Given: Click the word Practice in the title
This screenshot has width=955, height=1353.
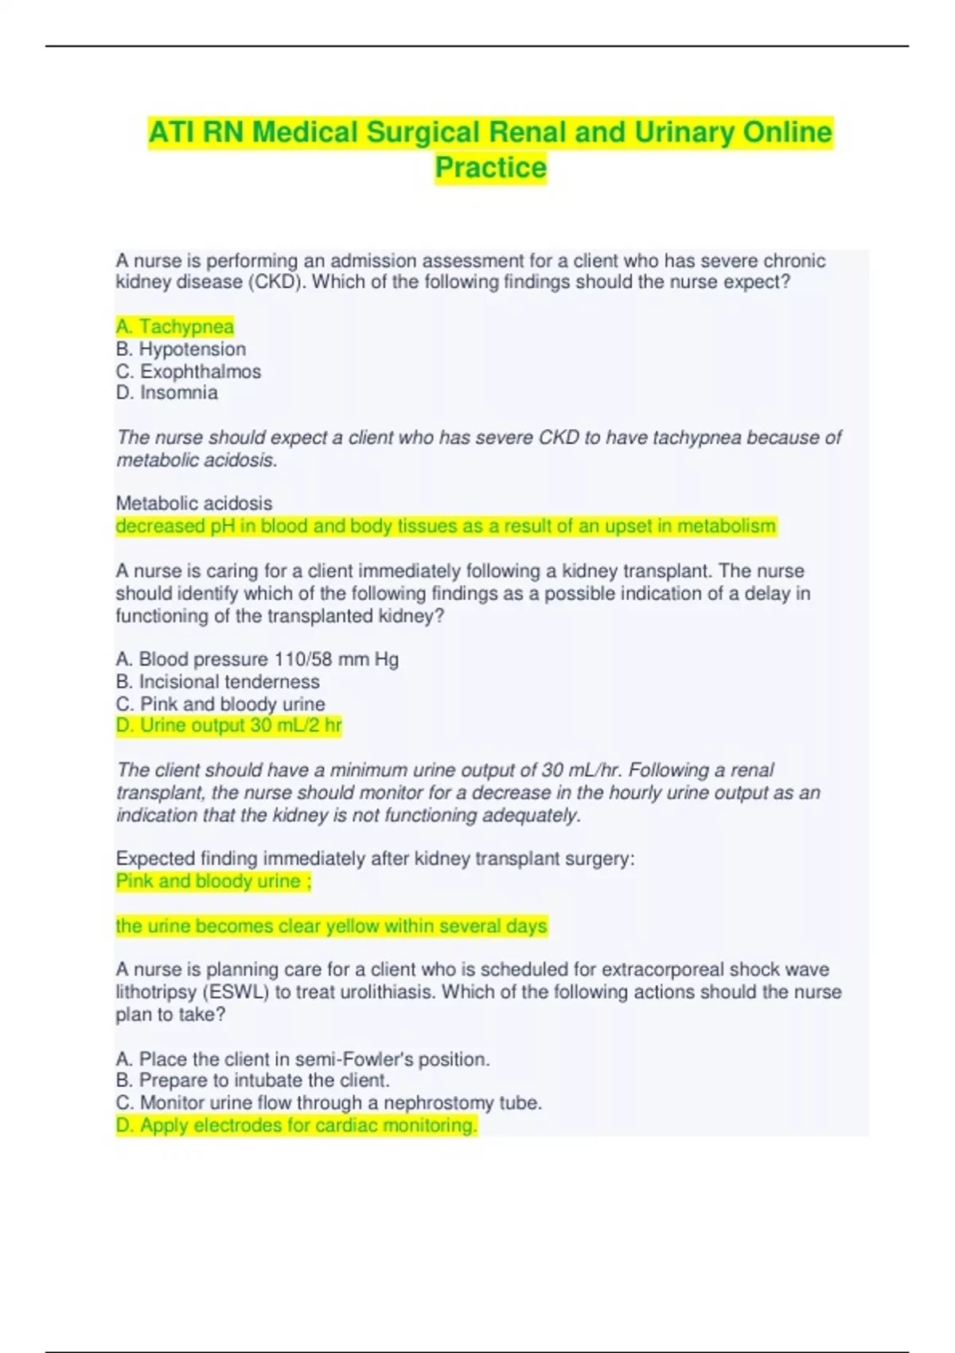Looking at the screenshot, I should point(490,168).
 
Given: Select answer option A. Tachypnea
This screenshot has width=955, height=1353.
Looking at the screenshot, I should point(175,326).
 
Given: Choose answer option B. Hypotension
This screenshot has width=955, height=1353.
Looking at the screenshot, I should point(181,349).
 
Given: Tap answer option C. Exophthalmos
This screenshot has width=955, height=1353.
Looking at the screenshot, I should point(189,371).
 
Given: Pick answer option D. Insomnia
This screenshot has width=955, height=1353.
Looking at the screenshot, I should point(166,392).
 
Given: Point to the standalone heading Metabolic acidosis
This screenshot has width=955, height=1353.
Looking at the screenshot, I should point(194,503).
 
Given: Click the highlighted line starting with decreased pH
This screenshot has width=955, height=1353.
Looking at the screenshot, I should point(446,526).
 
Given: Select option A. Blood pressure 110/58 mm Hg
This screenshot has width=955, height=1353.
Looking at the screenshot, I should point(257,659).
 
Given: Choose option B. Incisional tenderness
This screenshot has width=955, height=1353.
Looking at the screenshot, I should point(217,681).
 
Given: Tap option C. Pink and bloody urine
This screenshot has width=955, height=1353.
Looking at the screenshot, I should point(220,704).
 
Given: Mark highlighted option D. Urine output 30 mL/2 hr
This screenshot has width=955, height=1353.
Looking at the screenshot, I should point(228,725).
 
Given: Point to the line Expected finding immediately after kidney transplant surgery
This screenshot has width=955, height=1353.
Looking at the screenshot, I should point(375,859).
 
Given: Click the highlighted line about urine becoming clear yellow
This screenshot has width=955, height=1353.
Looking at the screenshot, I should point(331,926).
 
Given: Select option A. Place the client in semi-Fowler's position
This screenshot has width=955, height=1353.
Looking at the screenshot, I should point(302,1059).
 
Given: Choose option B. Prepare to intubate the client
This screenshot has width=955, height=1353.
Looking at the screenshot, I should point(252,1080).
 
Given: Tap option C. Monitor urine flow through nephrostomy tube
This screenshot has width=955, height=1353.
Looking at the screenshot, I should point(329,1102).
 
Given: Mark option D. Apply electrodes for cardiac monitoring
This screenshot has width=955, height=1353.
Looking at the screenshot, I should point(296,1125).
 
